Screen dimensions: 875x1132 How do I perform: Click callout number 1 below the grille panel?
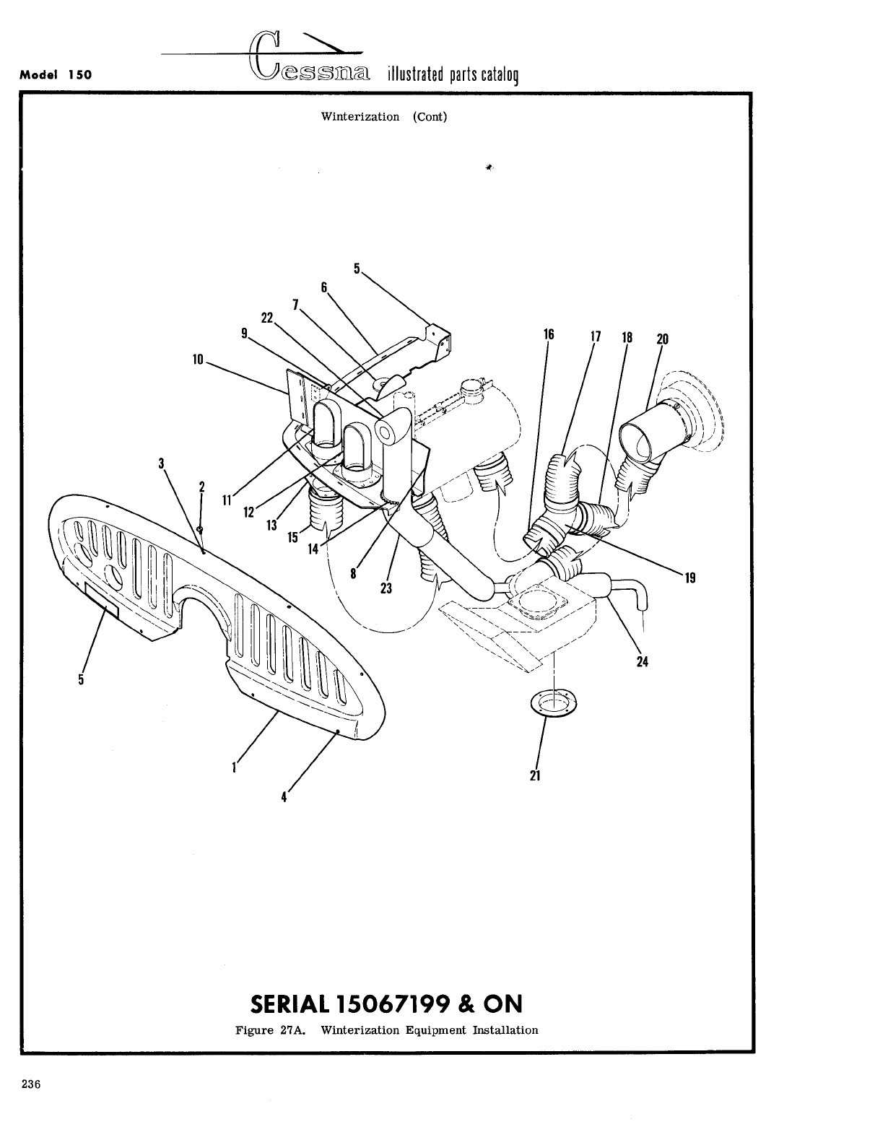click(x=235, y=768)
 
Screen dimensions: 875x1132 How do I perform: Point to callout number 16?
click(x=549, y=334)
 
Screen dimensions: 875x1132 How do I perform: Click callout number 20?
click(x=663, y=339)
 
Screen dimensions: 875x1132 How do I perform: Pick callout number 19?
click(x=689, y=577)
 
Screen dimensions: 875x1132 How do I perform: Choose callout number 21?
click(x=535, y=776)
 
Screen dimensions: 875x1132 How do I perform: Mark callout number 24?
click(x=642, y=661)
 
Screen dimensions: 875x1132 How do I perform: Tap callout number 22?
click(x=267, y=318)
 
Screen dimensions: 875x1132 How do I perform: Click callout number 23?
click(x=386, y=588)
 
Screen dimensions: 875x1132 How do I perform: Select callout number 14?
click(x=313, y=549)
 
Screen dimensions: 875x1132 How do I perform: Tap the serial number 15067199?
click(x=394, y=1004)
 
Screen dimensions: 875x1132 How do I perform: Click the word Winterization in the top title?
click(x=360, y=116)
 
